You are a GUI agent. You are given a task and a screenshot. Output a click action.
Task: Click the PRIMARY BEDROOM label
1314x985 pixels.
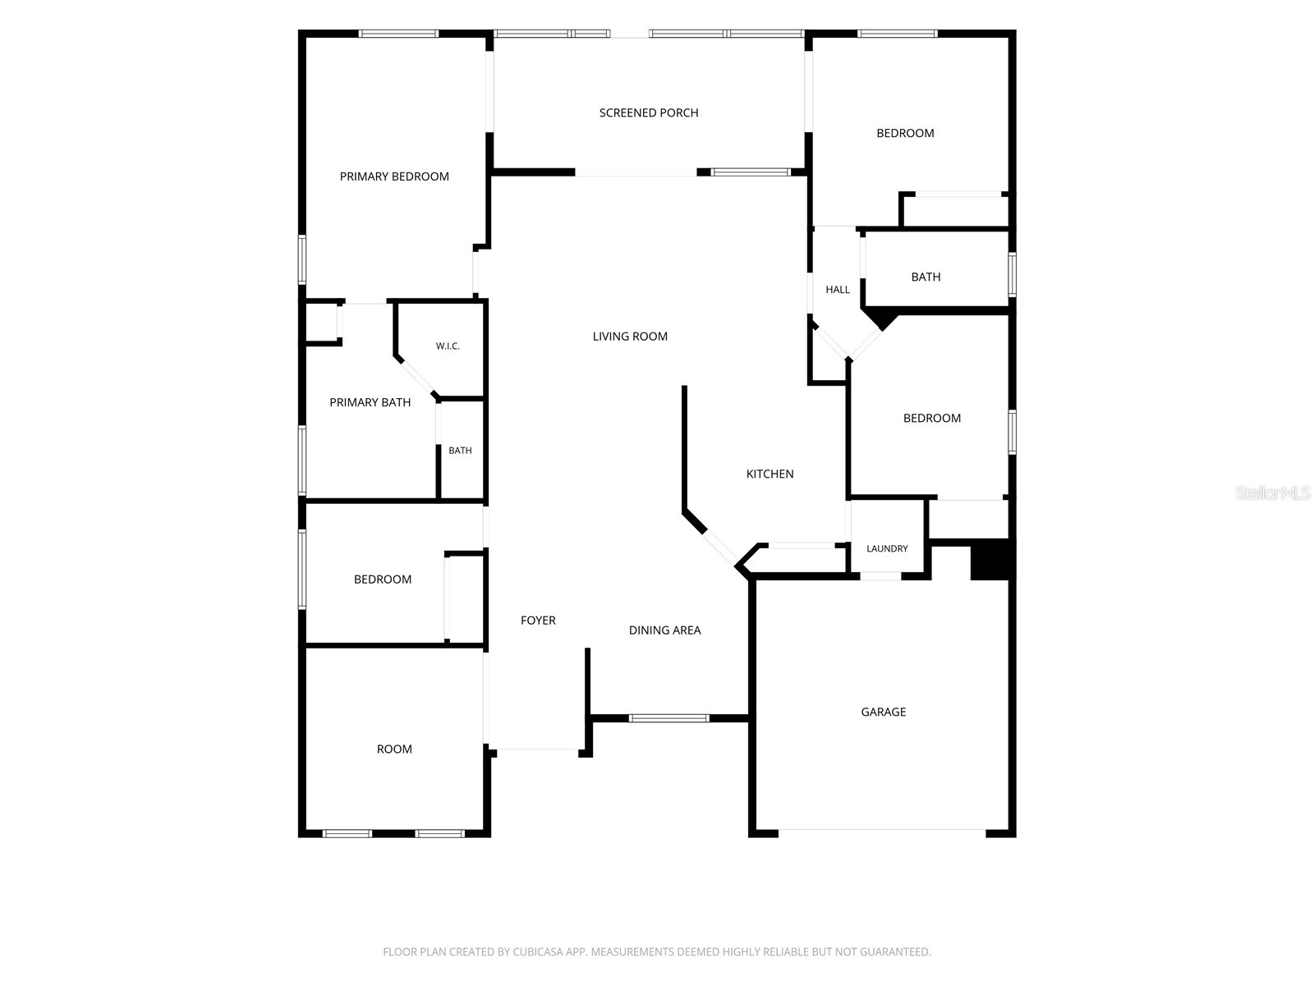pos(394,176)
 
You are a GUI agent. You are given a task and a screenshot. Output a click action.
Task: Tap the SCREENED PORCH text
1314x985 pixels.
pos(648,112)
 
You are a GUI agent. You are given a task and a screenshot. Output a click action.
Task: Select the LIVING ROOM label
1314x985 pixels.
pos(630,336)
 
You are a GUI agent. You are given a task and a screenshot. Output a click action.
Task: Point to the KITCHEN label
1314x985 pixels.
pos(770,474)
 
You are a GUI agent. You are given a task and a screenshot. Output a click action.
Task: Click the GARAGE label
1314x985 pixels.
pos(883,712)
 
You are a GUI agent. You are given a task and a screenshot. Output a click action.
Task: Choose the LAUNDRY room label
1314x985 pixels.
pos(887,548)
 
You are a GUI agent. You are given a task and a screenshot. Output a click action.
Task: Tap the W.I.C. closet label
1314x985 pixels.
pos(448,346)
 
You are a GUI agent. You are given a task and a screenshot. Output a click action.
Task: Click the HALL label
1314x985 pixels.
pos(838,290)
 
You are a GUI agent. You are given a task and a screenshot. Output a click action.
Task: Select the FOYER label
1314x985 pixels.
pos(538,621)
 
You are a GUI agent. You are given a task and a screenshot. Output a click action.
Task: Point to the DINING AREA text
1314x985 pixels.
pos(664,630)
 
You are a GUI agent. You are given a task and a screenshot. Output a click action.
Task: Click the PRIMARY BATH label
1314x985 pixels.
pos(370,402)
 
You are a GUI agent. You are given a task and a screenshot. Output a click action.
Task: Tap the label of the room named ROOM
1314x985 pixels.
pos(394,749)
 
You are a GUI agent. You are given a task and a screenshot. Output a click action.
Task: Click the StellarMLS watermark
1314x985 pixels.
pos(1273,492)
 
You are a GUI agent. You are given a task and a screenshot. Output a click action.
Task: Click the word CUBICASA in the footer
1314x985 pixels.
pos(539,951)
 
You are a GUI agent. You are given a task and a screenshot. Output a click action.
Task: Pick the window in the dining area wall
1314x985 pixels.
pos(668,718)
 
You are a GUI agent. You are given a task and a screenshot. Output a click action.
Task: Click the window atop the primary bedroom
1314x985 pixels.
pos(398,34)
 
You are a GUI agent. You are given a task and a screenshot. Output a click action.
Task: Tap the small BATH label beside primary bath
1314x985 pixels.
pos(460,451)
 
